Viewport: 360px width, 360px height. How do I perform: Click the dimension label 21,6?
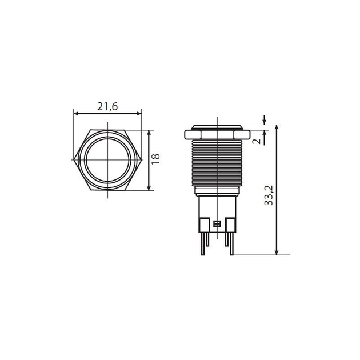107,106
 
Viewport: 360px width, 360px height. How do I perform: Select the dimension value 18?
155,159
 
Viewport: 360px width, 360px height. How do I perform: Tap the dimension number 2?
257,141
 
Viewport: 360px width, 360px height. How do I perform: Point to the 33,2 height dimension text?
269,195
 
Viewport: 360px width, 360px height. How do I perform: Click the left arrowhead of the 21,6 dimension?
76,113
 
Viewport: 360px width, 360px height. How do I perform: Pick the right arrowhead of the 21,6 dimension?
139,113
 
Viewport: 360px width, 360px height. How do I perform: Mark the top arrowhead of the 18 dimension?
149,133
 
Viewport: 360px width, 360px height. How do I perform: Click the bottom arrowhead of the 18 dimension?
149,187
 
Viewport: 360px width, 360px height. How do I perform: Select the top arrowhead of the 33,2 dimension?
277,128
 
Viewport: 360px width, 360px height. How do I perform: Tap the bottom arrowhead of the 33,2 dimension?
277,252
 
